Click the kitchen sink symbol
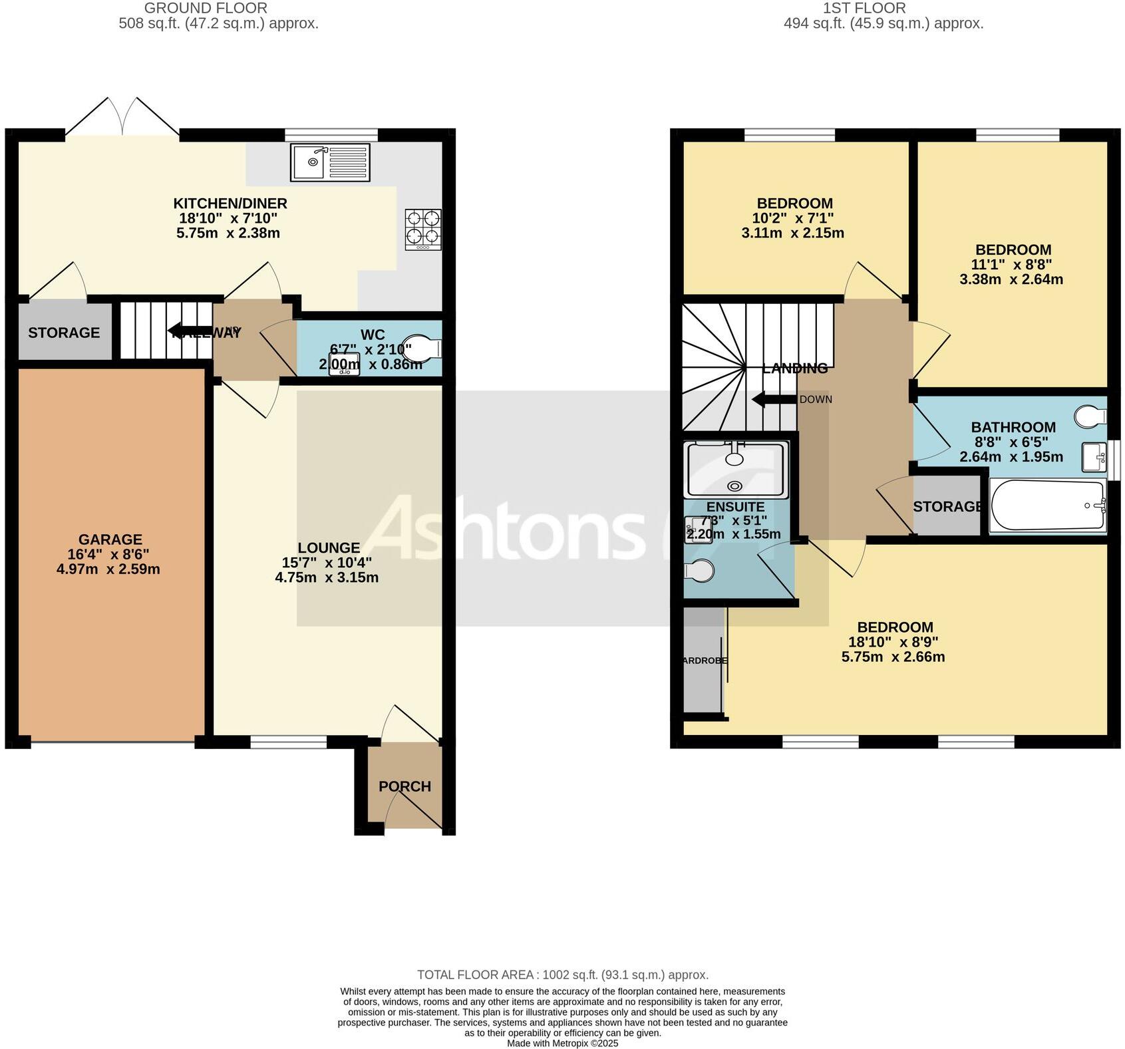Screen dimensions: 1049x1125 coord(330,162)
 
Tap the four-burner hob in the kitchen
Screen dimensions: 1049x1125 coord(423,229)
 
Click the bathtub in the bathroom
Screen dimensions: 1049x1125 coord(1047,506)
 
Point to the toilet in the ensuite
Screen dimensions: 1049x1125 coord(699,570)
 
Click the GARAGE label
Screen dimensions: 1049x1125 coord(110,539)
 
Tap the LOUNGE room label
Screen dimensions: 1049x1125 coord(329,547)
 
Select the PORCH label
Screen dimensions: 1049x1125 coord(404,786)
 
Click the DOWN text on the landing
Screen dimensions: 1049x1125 coord(816,400)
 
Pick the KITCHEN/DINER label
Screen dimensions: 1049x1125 coord(230,203)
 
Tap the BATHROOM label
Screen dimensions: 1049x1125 coord(1013,427)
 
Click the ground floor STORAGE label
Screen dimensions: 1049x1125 coord(64,333)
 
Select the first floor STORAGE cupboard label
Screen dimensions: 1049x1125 coord(947,507)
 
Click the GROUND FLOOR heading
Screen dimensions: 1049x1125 coord(206,8)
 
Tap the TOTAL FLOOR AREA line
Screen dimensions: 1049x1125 coord(562,974)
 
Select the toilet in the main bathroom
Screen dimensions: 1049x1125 coord(1090,416)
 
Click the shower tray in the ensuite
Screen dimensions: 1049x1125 coord(735,470)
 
